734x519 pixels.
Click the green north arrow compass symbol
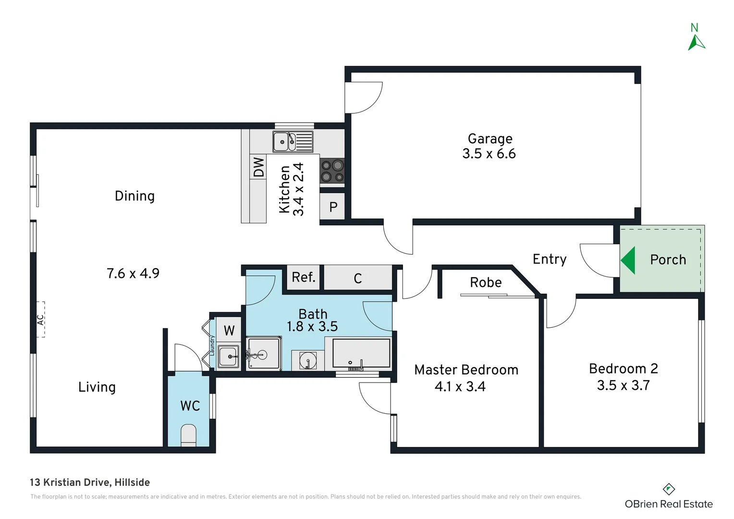click(x=696, y=43)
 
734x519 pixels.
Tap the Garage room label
click(x=490, y=139)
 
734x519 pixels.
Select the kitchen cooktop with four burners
click(x=332, y=171)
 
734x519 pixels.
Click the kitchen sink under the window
click(x=293, y=142)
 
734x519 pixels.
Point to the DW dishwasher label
click(x=258, y=167)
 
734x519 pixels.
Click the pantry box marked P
click(x=332, y=206)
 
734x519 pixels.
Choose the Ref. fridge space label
click(x=304, y=277)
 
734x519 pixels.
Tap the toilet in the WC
click(x=188, y=435)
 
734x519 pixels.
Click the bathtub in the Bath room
click(x=361, y=353)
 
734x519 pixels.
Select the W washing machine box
click(x=229, y=330)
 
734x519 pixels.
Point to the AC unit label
click(x=40, y=320)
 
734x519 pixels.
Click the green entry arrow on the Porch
click(x=628, y=260)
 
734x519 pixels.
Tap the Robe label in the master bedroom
click(x=486, y=282)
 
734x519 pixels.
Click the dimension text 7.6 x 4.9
click(x=133, y=273)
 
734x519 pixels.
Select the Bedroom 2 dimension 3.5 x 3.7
click(x=623, y=385)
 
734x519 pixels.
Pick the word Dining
click(x=135, y=196)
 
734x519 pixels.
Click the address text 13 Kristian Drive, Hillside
click(x=90, y=482)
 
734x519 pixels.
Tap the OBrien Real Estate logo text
click(x=669, y=504)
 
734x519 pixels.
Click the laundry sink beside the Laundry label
click(x=229, y=357)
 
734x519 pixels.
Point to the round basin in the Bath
click(x=308, y=359)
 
